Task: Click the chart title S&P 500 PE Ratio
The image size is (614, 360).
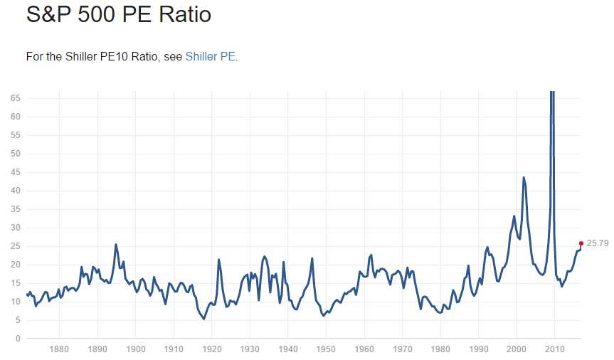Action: coord(118,14)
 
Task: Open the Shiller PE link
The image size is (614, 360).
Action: coord(211,56)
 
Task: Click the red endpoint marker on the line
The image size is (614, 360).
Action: coord(581,243)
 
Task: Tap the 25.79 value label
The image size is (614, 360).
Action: coord(598,243)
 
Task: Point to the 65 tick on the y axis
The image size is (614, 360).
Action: coord(15,98)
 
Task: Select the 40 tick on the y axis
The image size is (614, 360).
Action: coord(15,191)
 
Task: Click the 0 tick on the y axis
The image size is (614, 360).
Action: coord(17,339)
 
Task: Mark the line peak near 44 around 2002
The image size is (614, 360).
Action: coord(524,177)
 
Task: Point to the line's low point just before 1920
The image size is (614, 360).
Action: coord(204,319)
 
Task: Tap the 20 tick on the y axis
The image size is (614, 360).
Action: coord(15,265)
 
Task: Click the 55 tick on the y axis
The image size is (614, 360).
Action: coord(15,135)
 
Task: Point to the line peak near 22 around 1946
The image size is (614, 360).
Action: coord(312,258)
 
